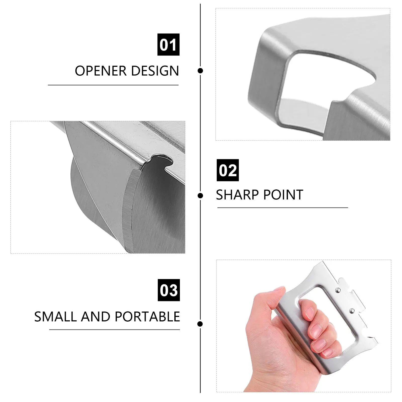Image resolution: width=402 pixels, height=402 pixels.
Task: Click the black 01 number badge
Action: point(168,44)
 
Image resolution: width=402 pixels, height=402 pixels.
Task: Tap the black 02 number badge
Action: point(228,170)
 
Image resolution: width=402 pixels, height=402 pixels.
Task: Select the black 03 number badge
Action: point(169,290)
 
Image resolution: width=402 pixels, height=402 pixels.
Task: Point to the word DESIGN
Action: point(155,71)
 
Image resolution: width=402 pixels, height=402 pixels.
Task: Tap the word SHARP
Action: point(238,195)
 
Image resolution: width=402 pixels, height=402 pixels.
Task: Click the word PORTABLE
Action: point(147,317)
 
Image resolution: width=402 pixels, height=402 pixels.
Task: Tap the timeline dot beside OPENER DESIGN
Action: point(200,71)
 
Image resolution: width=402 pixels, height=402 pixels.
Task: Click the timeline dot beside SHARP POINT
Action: point(200,195)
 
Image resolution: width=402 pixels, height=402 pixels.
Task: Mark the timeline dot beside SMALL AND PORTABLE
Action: point(200,324)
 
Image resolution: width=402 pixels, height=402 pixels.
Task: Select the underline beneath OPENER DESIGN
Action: point(113,85)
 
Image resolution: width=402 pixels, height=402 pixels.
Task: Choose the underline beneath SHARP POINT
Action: point(282,208)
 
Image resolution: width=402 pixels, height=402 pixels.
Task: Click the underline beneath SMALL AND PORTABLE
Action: point(115,329)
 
